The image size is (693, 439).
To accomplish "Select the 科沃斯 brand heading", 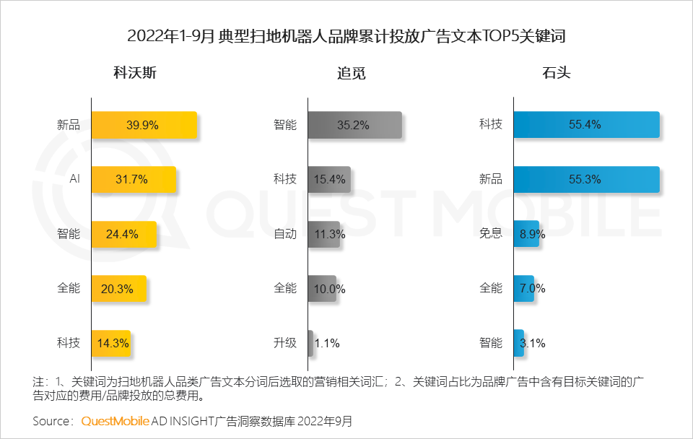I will [x=135, y=74].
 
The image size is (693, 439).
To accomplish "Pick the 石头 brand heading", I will [x=556, y=74].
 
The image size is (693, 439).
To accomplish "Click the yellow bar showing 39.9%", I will [x=144, y=124].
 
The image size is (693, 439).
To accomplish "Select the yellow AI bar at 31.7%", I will [x=134, y=179].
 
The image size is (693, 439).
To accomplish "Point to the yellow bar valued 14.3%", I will [x=110, y=343].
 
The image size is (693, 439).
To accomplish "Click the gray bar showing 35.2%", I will [x=354, y=124].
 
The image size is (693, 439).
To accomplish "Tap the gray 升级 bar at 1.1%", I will [x=310, y=343].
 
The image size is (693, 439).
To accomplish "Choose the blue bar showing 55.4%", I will [x=586, y=124].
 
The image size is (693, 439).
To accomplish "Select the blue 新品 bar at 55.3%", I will [x=586, y=179].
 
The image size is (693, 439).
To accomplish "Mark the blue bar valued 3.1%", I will [x=518, y=343].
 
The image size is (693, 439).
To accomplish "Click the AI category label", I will [x=74, y=179].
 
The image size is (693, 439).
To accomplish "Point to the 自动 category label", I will [x=285, y=234].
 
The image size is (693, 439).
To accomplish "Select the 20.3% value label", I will [x=117, y=289].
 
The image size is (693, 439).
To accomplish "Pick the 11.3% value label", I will [x=328, y=234].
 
